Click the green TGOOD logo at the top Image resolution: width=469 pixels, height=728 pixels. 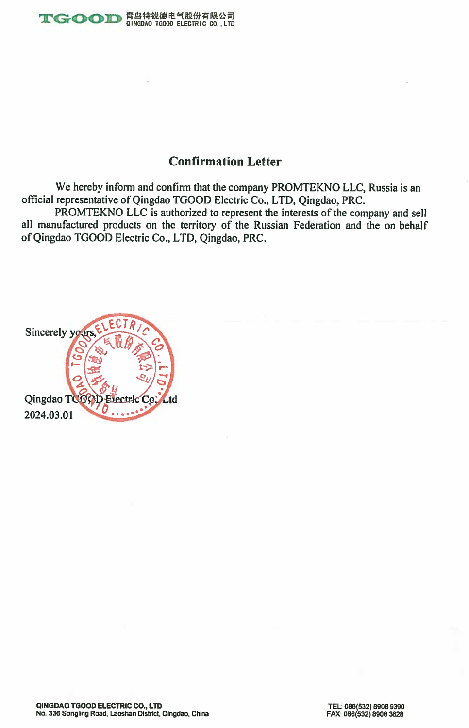[x=80, y=19]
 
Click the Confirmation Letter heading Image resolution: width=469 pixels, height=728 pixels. [x=225, y=162]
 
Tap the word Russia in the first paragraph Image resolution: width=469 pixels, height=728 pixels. [x=383, y=188]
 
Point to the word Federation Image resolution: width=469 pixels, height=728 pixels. [x=317, y=225]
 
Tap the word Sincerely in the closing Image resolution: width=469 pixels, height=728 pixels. [x=46, y=332]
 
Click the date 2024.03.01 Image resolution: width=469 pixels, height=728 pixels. [x=49, y=415]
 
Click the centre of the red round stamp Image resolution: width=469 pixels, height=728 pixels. [x=119, y=367]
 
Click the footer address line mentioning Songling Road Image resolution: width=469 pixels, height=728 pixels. [x=122, y=714]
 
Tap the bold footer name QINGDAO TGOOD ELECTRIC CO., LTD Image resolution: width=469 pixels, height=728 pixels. [x=99, y=706]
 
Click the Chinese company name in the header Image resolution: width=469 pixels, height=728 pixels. [x=180, y=16]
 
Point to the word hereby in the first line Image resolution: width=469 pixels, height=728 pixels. [x=88, y=187]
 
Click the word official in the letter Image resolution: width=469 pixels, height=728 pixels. [x=37, y=200]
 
